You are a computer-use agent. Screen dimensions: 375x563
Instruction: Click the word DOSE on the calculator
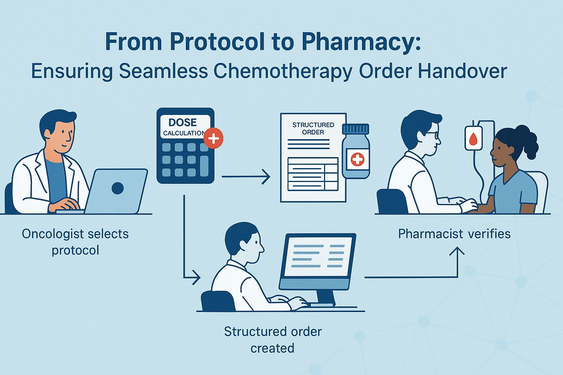[183, 122]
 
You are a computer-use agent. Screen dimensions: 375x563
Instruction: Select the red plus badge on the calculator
[213, 138]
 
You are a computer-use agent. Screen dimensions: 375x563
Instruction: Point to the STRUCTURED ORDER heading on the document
[313, 128]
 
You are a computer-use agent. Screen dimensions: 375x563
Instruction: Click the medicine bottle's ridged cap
[355, 129]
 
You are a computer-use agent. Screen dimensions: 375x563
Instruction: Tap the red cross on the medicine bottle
[357, 159]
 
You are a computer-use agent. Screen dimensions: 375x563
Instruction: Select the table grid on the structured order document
[313, 174]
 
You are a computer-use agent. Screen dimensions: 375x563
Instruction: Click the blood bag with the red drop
[474, 138]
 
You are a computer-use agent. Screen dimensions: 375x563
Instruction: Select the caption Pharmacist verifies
[454, 234]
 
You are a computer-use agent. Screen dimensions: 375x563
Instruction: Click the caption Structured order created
[273, 339]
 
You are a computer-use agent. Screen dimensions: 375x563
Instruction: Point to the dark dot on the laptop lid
[117, 188]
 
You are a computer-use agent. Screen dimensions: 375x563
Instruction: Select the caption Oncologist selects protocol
[75, 242]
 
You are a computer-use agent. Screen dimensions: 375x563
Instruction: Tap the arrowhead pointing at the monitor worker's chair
[197, 278]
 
